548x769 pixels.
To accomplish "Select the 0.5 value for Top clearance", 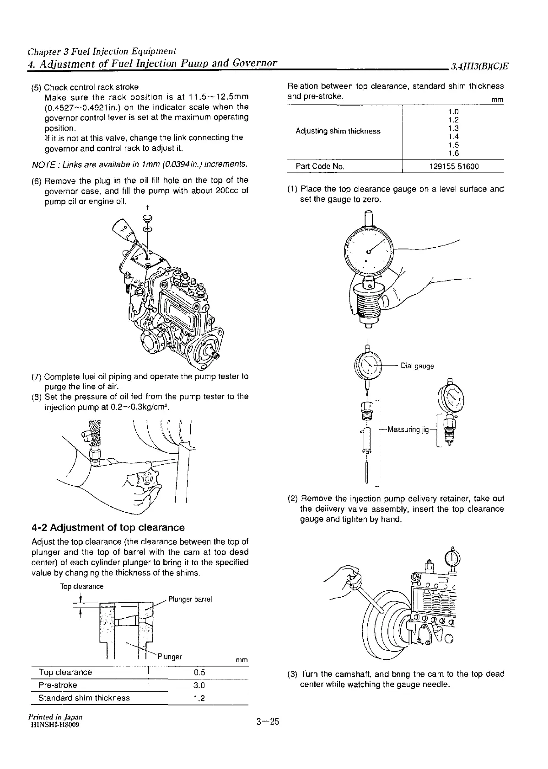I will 199,672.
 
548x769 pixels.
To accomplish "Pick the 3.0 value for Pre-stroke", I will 199,685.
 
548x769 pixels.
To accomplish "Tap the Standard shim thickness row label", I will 84,698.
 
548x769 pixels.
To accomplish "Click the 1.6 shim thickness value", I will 453,154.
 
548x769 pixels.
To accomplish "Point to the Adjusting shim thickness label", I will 338,131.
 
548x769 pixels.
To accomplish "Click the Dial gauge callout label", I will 417,366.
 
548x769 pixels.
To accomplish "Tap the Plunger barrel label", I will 190,599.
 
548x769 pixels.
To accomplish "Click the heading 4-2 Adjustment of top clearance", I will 108,528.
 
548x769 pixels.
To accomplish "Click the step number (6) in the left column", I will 37,180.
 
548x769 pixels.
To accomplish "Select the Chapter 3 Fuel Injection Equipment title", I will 102,51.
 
